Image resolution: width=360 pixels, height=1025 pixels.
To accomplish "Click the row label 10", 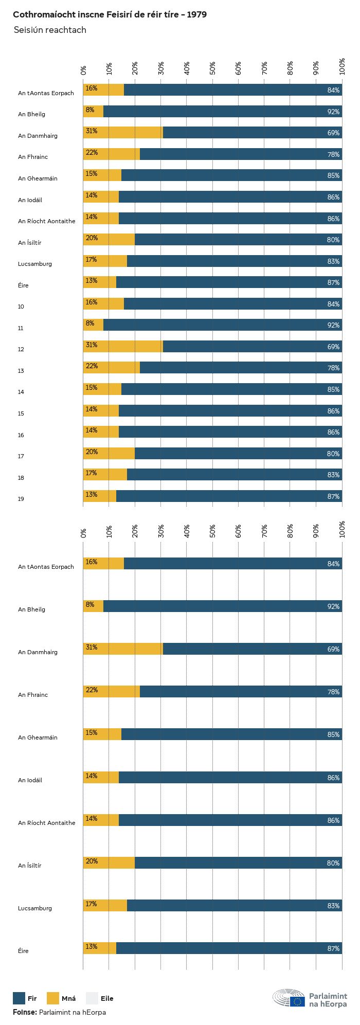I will pyautogui.click(x=21, y=307).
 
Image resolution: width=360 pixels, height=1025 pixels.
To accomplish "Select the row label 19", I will pyautogui.click(x=21, y=499).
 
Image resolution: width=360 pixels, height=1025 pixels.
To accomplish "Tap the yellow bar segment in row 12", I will pyautogui.click(x=123, y=346).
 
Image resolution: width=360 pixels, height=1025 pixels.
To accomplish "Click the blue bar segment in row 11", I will pyautogui.click(x=222, y=325).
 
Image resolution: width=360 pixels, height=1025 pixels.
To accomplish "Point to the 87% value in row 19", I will pyautogui.click(x=333, y=496).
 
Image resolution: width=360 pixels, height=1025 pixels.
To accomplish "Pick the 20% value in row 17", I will pyautogui.click(x=92, y=452).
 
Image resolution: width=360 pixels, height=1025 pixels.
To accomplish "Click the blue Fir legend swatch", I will pyautogui.click(x=19, y=998).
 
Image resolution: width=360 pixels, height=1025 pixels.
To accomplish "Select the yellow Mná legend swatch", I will pyautogui.click(x=53, y=998).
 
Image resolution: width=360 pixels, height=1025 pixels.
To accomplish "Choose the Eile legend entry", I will pyautogui.click(x=106, y=999).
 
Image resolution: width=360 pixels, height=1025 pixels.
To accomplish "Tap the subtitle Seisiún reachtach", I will pyautogui.click(x=50, y=30).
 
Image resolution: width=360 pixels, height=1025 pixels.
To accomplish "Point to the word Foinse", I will pyautogui.click(x=25, y=1012).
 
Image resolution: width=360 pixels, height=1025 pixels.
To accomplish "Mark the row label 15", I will pyautogui.click(x=21, y=413).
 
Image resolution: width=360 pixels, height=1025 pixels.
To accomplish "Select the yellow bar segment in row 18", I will pyautogui.click(x=105, y=474).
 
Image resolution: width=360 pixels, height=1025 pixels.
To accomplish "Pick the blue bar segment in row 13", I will pyautogui.click(x=241, y=368).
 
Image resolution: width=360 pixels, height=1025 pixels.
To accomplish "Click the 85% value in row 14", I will pyautogui.click(x=333, y=389).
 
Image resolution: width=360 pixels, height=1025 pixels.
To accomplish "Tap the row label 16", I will pyautogui.click(x=21, y=435).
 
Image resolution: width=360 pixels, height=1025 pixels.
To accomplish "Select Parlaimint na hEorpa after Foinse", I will pyautogui.click(x=73, y=1012).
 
